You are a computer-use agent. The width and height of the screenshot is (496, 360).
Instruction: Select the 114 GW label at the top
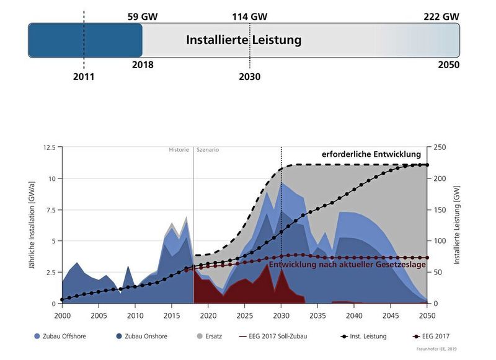point(249,17)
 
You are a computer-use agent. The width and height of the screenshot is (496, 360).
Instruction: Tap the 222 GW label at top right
point(441,17)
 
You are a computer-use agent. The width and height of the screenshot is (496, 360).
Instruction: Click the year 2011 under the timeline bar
point(84,77)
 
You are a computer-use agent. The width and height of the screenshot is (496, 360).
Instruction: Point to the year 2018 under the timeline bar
point(143,64)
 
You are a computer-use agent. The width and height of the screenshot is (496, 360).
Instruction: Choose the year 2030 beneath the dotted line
point(249,77)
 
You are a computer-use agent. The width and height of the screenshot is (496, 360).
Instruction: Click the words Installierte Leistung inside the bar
point(244,40)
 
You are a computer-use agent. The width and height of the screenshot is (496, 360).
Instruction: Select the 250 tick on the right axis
point(440,147)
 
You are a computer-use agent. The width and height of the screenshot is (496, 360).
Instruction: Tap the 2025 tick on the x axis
point(245,315)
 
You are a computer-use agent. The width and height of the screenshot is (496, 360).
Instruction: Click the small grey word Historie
point(179,150)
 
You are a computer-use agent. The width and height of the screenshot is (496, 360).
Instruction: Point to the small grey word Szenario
point(208,150)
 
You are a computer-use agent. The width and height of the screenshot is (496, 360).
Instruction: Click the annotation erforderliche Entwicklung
point(371,154)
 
